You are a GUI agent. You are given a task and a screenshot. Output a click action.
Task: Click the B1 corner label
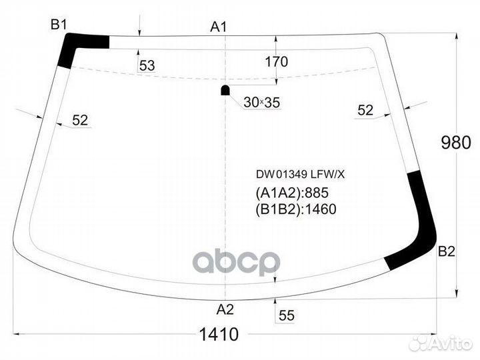(59, 25)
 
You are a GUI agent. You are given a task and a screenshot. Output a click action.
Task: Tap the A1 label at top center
(218, 27)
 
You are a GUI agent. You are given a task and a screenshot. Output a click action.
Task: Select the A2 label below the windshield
(225, 309)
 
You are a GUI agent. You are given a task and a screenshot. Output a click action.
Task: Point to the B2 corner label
(447, 251)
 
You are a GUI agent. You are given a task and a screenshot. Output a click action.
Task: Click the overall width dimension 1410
(219, 334)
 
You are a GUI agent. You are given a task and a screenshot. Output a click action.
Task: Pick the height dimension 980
(456, 143)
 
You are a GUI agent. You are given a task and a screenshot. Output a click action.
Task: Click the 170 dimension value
(277, 61)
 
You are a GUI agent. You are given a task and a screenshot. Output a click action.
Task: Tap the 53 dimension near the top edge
(147, 65)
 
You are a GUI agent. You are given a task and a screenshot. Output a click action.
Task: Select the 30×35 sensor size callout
(262, 103)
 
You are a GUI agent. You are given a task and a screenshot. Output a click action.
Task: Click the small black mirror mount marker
(225, 90)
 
